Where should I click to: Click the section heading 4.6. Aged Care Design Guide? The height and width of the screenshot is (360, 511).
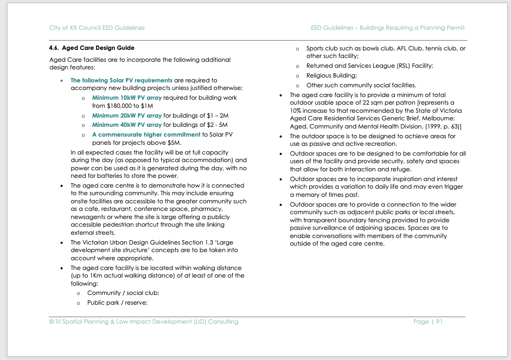tap(92, 48)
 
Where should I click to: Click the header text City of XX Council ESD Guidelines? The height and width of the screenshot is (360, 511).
tap(97, 28)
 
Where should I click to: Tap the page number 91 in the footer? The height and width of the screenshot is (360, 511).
tap(439, 322)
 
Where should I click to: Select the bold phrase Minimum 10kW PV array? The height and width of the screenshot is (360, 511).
tap(126, 98)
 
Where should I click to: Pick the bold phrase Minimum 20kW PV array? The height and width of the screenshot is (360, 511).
tap(126, 115)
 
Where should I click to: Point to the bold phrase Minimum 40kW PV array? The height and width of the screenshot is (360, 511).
tap(126, 125)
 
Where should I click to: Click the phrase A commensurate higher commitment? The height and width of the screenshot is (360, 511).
tap(146, 134)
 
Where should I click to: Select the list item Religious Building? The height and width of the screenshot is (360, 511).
tap(331, 75)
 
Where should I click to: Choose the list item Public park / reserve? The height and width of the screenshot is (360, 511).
tap(117, 303)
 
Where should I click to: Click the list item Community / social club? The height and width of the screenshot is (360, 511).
tap(123, 293)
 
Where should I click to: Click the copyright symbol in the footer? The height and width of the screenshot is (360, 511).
tap(52, 322)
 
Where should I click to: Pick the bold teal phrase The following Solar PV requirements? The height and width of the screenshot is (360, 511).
tap(122, 80)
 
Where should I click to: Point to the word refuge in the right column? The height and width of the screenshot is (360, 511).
tap(400, 169)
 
